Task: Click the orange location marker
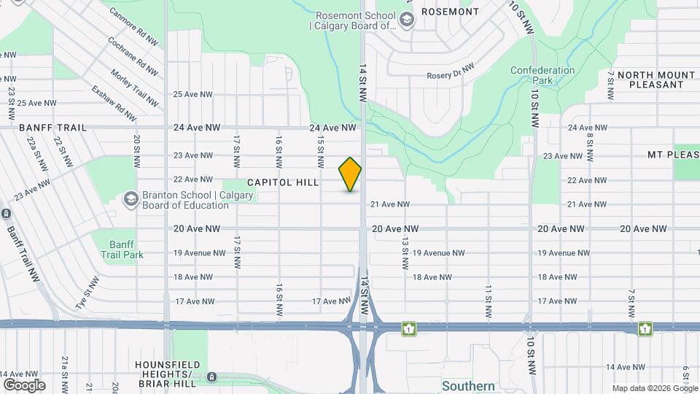[350, 174]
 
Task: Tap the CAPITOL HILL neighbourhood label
[283, 182]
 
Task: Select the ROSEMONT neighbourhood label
[450, 12]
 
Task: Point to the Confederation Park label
[542, 75]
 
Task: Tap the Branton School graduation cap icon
[131, 198]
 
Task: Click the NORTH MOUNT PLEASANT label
[656, 80]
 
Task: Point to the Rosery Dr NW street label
[451, 71]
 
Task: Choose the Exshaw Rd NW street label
[114, 104]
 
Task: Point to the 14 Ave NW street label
[626, 367]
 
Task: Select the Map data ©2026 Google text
[655, 388]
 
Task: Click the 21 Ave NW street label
[390, 204]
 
